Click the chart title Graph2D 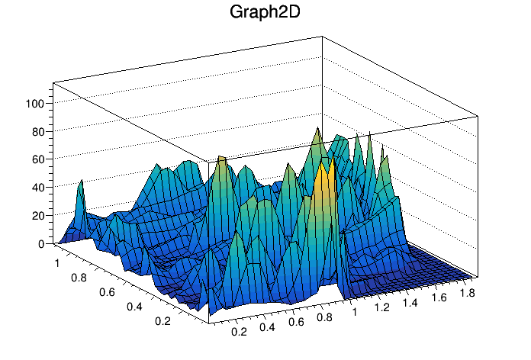click(265, 13)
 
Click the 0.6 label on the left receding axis click(106, 292)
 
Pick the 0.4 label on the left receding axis click(136, 307)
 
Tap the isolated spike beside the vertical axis click(81, 186)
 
